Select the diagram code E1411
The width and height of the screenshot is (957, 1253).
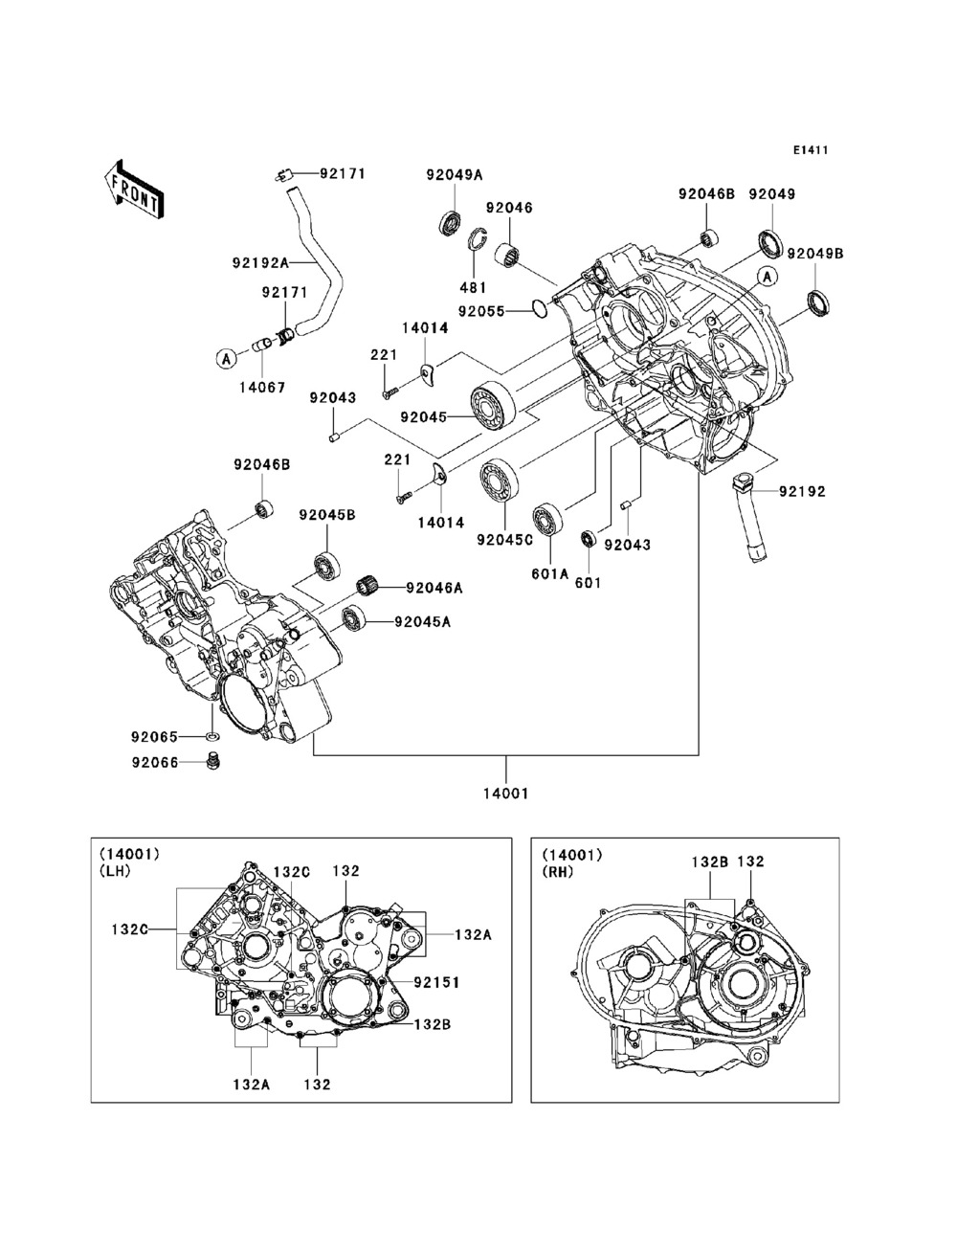(809, 150)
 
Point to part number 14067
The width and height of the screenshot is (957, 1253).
(261, 389)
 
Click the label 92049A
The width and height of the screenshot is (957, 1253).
(455, 174)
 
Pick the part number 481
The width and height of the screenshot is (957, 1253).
(474, 287)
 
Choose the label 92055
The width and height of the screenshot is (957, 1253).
(480, 310)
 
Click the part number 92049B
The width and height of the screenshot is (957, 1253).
(815, 254)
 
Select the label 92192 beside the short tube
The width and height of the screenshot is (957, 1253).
(802, 492)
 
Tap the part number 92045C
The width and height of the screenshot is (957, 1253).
(504, 539)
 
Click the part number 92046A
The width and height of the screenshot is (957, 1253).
(434, 588)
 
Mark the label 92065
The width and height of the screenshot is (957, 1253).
(155, 737)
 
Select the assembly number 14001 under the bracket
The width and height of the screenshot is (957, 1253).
(507, 793)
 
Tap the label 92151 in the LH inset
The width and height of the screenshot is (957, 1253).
(436, 982)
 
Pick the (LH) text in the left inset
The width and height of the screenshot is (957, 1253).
(115, 871)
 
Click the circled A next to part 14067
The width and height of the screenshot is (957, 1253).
(227, 358)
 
